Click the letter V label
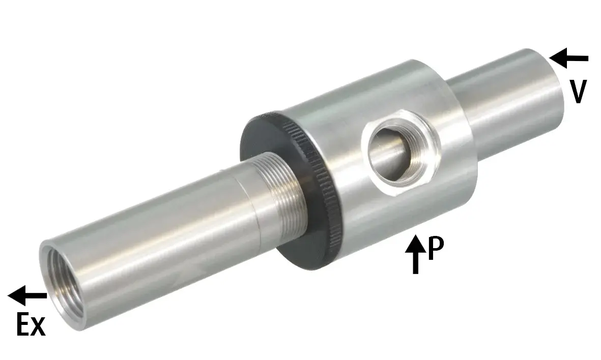[x=578, y=92]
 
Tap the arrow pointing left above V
[x=568, y=58]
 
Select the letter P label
[x=436, y=248]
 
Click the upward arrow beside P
[x=415, y=254]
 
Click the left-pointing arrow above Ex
[x=27, y=295]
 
